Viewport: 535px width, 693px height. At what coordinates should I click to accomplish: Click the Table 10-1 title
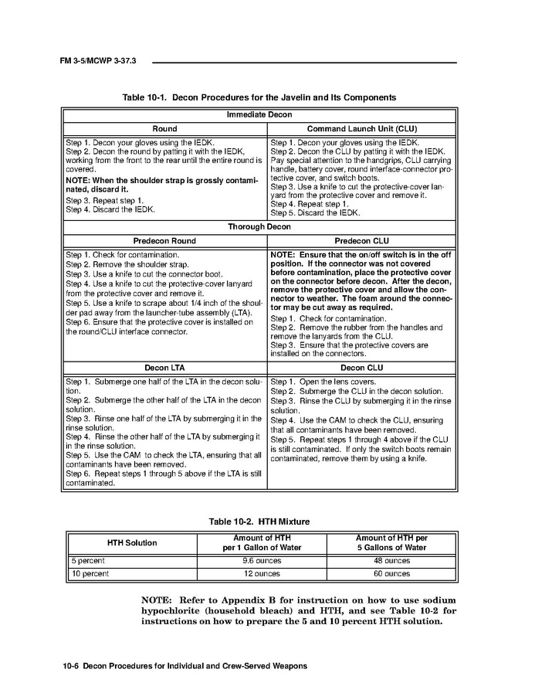[x=259, y=98]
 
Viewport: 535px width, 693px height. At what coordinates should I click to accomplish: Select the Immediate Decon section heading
[x=259, y=115]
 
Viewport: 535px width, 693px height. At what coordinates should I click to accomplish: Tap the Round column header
[x=164, y=129]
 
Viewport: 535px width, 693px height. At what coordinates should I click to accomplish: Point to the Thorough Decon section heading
[x=259, y=227]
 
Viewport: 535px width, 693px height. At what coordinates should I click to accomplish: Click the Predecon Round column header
[x=164, y=241]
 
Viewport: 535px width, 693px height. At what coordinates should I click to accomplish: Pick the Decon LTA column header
[x=164, y=368]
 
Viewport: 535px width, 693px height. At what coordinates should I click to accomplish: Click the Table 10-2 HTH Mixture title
[x=259, y=521]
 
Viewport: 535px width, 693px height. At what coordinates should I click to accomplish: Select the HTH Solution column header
[x=131, y=542]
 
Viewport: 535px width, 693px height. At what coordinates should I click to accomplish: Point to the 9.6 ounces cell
[x=262, y=561]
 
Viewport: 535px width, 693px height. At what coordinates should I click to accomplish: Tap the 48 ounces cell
[x=391, y=561]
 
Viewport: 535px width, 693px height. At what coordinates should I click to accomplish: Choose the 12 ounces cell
[x=262, y=574]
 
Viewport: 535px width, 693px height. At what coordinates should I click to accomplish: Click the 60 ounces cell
[x=391, y=574]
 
